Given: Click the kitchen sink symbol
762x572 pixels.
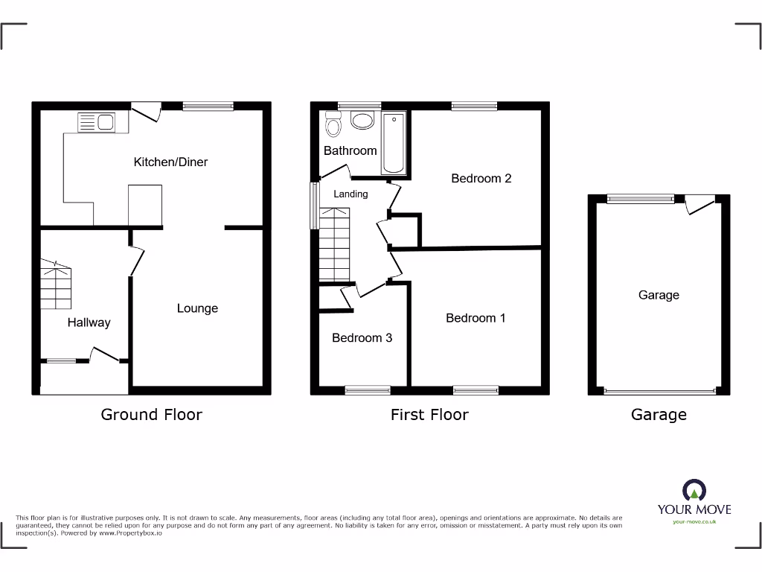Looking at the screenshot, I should tap(96, 121).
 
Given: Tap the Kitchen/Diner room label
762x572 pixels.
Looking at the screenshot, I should tap(170, 162).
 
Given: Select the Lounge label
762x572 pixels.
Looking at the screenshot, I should tap(197, 308).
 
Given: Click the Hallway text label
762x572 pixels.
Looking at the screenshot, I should tap(89, 322).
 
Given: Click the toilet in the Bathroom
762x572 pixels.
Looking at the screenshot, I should tap(333, 126).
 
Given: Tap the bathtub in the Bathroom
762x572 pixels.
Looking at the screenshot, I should tap(394, 142).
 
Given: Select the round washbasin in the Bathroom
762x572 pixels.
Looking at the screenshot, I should tap(362, 121).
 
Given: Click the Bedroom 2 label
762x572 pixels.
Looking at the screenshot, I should tap(481, 178).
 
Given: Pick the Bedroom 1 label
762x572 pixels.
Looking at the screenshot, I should tap(476, 318).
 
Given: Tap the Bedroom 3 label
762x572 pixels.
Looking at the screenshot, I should tap(362, 338).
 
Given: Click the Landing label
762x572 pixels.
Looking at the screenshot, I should tap(350, 194).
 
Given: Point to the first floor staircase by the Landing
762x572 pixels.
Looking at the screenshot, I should tap(333, 244).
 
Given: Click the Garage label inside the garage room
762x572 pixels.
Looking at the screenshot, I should tap(659, 295).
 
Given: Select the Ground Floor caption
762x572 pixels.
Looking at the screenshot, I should tap(151, 415).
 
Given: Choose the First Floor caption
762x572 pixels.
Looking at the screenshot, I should tap(429, 415).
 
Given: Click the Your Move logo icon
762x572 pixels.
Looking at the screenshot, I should tap(694, 491).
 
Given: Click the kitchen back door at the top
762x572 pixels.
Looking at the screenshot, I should tap(146, 111).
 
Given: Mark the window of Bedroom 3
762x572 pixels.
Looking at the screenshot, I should tap(368, 389).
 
